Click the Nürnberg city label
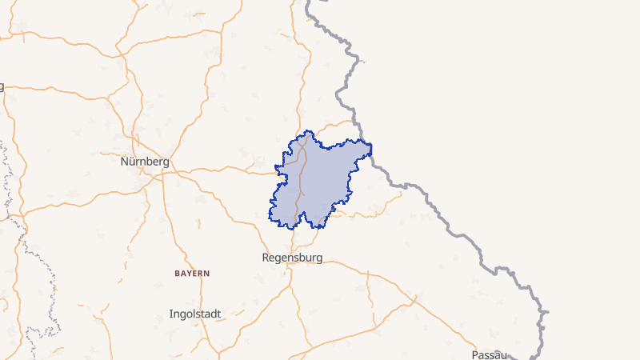pyautogui.click(x=144, y=162)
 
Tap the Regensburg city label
pyautogui.click(x=292, y=258)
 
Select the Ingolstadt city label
pyautogui.click(x=195, y=314)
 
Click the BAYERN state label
pyautogui.click(x=192, y=274)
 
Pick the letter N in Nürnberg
pyautogui.click(x=124, y=162)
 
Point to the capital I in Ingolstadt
pyautogui.click(x=171, y=314)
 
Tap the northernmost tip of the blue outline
pyautogui.click(x=308, y=132)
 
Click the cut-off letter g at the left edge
pyautogui.click(x=2, y=86)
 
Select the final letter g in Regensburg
pyautogui.click(x=318, y=259)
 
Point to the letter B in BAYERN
pyautogui.click(x=177, y=274)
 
